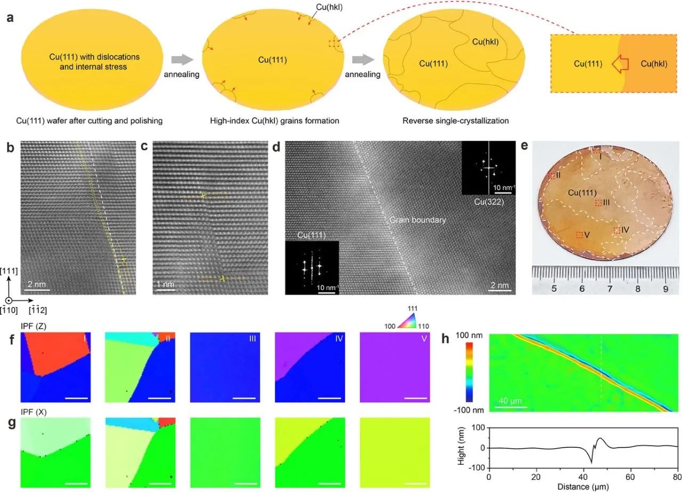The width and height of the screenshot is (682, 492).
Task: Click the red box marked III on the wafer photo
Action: (x=598, y=203)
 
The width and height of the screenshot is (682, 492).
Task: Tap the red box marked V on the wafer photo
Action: (x=580, y=235)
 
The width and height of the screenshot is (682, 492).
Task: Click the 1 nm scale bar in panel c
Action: (x=166, y=290)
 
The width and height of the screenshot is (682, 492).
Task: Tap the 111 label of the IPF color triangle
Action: (x=413, y=308)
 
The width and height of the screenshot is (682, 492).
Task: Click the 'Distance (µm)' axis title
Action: (x=583, y=486)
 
